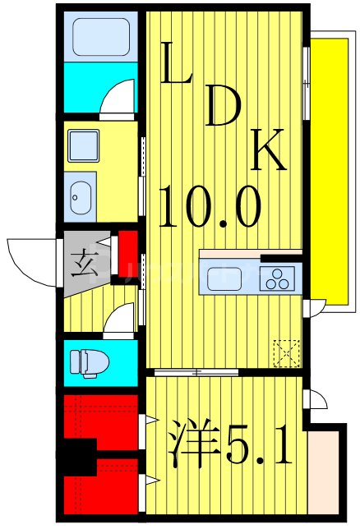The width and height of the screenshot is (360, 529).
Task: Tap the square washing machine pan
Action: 83,146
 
